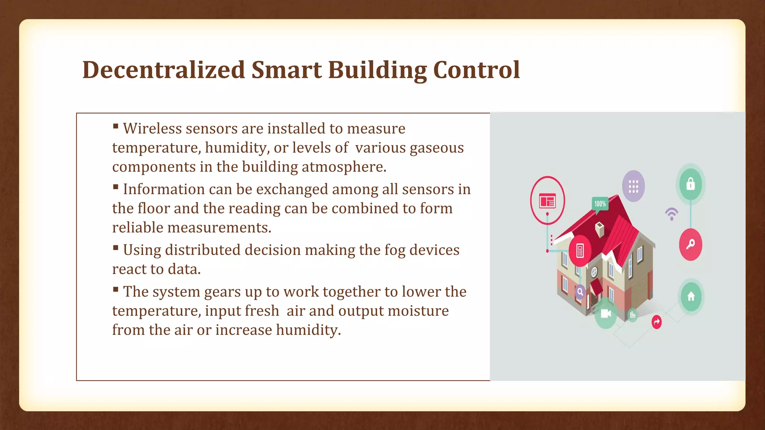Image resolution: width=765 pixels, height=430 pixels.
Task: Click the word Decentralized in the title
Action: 163,70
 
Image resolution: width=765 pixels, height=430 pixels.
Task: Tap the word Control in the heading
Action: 476,70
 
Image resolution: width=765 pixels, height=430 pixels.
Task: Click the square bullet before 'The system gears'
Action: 116,289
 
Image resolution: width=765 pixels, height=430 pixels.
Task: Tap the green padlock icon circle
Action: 690,184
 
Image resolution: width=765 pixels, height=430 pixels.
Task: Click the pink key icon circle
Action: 690,244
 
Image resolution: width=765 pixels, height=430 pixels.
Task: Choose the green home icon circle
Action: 691,296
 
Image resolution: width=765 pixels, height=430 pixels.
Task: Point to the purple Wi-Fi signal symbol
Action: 671,214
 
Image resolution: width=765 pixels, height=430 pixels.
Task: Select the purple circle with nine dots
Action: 633,186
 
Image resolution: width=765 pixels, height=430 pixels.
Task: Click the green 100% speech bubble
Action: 600,204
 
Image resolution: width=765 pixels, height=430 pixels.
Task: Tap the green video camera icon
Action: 606,314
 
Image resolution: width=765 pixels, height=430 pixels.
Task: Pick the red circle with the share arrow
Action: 656,322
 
